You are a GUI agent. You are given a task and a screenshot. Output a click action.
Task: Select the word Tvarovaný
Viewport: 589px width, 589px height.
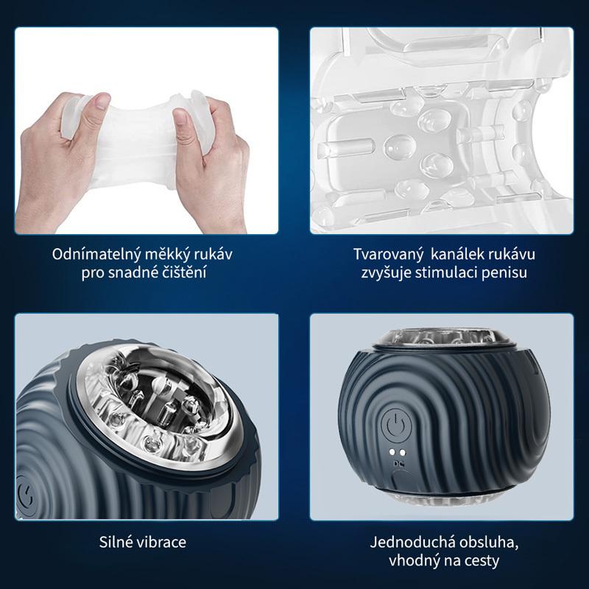click(x=389, y=255)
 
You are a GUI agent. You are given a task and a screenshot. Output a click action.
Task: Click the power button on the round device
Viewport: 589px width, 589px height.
click(x=396, y=426)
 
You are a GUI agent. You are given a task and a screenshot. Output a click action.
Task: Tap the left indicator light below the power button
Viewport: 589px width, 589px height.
click(x=392, y=451)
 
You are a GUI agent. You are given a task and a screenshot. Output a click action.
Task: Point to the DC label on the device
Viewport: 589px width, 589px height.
click(x=398, y=464)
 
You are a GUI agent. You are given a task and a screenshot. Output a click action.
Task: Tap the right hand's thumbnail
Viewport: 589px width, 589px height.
click(x=180, y=116)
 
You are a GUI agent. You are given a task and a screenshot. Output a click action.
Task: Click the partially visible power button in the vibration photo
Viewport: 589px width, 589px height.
click(x=27, y=496)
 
